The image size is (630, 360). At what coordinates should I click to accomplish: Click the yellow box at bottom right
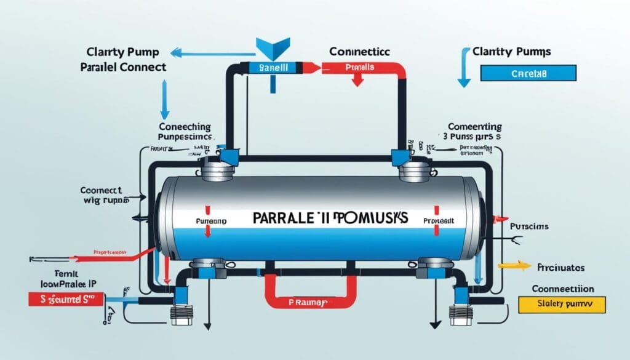click(562, 303)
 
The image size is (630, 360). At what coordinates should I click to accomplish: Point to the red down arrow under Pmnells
click(356, 81)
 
